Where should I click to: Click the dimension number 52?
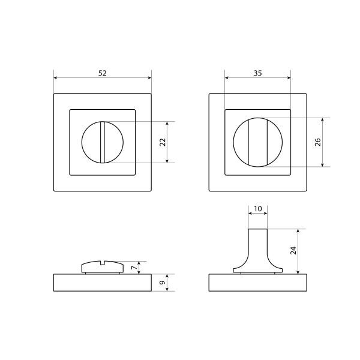coord(103,73)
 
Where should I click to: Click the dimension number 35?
coord(257,73)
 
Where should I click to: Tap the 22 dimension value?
coord(163,142)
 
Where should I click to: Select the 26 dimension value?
coord(318,142)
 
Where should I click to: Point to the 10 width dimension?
coord(258,209)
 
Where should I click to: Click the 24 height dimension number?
coord(293,250)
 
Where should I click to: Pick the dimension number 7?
coord(134,268)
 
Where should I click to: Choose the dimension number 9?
coord(163,283)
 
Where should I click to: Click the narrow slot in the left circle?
coord(103,142)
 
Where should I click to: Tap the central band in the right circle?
coord(258,142)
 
